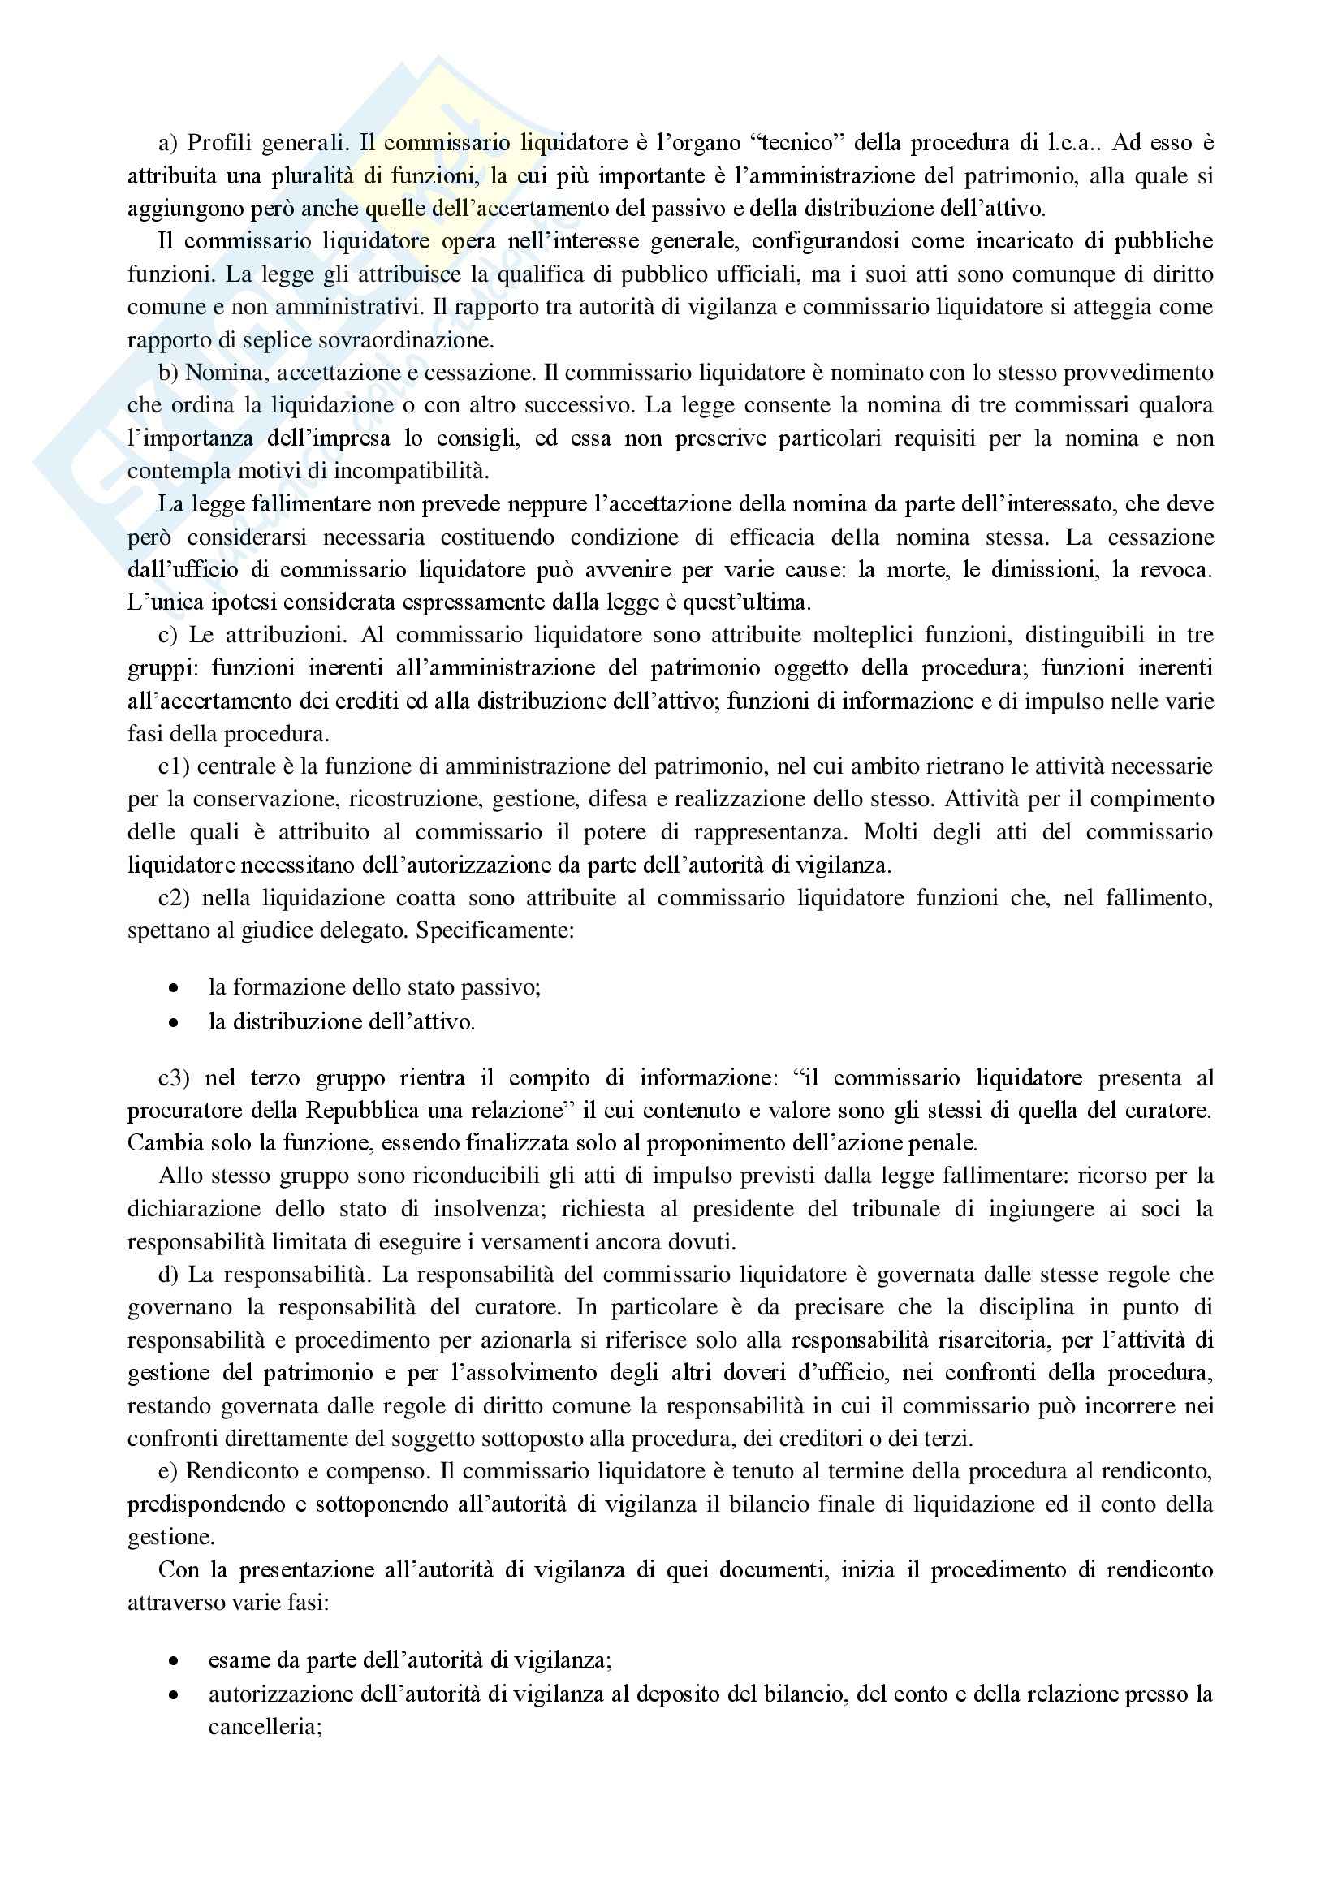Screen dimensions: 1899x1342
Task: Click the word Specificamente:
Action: (x=494, y=930)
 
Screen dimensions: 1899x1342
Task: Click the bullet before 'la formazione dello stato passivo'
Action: (x=173, y=987)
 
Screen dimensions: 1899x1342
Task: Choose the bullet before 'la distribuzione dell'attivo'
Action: (x=173, y=1022)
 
